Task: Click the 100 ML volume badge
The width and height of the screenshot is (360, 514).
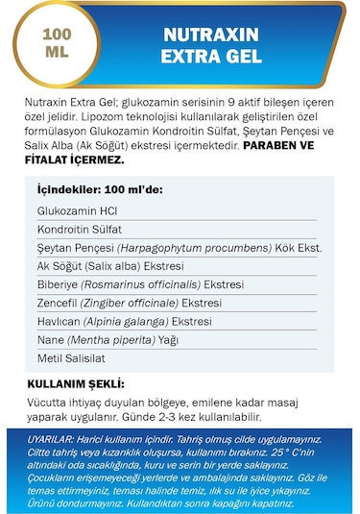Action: click(x=56, y=43)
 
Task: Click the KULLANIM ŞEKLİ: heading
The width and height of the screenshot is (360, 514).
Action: click(x=77, y=383)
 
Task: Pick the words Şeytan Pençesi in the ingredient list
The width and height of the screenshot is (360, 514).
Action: click(x=76, y=248)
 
